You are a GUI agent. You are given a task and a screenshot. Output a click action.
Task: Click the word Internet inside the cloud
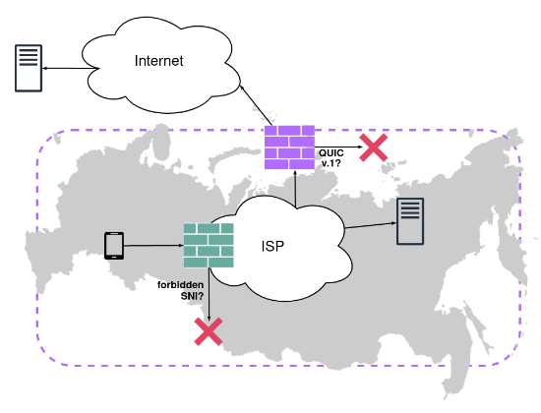[158, 61]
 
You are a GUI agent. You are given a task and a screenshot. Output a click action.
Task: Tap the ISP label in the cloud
[272, 247]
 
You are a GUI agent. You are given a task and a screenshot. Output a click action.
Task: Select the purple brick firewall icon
[289, 147]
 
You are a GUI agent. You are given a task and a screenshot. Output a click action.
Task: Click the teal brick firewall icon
[209, 245]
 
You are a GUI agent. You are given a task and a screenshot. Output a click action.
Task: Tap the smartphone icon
[114, 246]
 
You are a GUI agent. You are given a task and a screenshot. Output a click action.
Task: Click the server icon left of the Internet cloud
[29, 68]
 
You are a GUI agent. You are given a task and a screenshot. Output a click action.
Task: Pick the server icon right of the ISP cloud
[410, 221]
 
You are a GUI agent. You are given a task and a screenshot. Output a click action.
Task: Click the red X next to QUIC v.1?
[374, 147]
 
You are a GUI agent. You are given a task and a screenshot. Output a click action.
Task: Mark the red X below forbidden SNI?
[209, 331]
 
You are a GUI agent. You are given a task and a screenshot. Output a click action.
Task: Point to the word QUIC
[331, 152]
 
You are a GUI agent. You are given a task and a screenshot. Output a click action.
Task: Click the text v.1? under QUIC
[331, 163]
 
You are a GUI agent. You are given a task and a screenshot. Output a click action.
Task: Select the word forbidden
[180, 285]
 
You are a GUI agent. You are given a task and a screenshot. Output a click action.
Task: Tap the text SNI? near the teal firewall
[192, 296]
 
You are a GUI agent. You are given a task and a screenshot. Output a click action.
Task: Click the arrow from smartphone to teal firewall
[153, 246]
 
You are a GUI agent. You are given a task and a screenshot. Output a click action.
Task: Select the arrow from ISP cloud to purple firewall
[296, 189]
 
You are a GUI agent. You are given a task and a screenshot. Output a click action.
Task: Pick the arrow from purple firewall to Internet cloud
[256, 104]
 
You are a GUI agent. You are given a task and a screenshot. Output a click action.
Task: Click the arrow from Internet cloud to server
[71, 68]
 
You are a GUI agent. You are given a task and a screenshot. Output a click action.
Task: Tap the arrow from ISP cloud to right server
[371, 225]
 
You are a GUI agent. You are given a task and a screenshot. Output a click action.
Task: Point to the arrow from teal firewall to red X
[209, 294]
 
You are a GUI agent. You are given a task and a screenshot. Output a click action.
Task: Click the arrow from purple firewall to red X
[338, 147]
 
